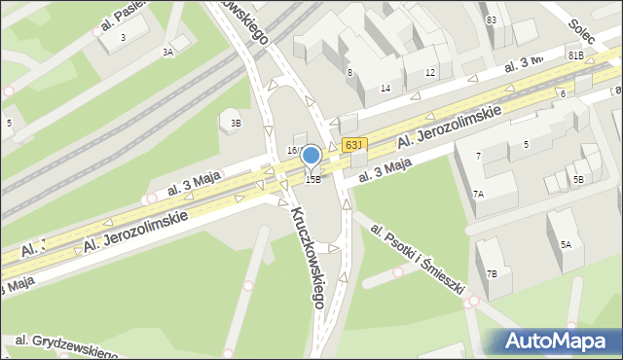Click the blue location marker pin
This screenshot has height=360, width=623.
coord(311,157)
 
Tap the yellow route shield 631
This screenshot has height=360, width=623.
coord(353,144)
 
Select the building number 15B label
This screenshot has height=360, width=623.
coord(312,179)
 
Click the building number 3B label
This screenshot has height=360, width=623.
coord(236,123)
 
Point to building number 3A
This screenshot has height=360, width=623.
coord(168,52)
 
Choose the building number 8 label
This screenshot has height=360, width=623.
coord(348,72)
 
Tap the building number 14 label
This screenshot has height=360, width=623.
coord(385,89)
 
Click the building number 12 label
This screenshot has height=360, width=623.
coord(430,73)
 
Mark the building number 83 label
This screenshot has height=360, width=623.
coord(492,19)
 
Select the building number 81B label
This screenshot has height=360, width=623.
coord(575,56)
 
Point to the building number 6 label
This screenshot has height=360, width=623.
coord(563,93)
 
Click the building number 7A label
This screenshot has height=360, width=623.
coord(478,195)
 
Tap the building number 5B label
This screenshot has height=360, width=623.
coord(578,179)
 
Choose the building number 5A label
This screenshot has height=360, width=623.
coord(566,245)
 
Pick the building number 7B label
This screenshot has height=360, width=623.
coord(492,273)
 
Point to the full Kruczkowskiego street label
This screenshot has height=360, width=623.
coord(305,256)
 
